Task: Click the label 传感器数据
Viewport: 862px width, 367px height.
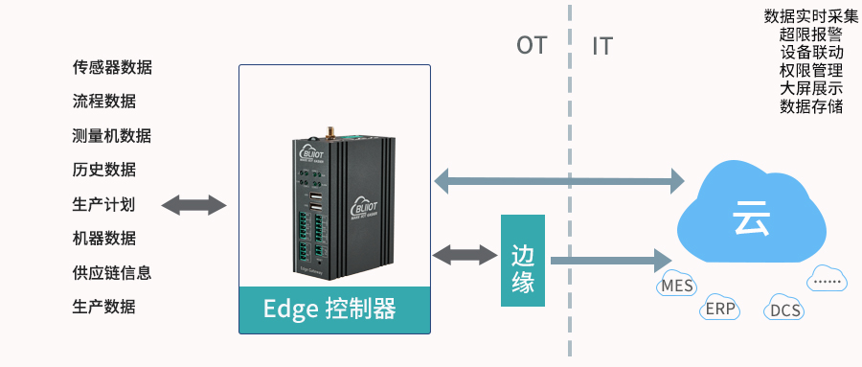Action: [x=112, y=68]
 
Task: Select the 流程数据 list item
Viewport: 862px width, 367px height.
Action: [x=103, y=102]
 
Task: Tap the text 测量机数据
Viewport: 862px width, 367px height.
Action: [x=112, y=136]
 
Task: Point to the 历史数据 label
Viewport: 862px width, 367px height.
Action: [x=103, y=170]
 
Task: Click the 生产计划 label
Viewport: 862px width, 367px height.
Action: [x=103, y=204]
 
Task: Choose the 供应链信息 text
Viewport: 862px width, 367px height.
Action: [x=112, y=272]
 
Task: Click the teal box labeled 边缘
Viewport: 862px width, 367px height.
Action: [x=522, y=261]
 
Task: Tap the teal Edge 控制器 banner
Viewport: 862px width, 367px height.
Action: [x=334, y=309]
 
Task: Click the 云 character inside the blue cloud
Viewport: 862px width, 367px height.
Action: [x=753, y=218]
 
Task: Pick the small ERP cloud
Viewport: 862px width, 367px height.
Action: [x=719, y=310]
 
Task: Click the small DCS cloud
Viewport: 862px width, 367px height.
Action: [x=784, y=310]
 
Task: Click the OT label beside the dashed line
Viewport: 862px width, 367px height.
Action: [x=532, y=46]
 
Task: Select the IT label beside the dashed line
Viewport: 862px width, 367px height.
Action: [x=601, y=46]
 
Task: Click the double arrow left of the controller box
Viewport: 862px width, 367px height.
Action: [x=193, y=204]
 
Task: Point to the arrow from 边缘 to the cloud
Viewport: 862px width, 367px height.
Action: [x=608, y=259]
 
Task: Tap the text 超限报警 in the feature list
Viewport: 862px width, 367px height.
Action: [x=810, y=34]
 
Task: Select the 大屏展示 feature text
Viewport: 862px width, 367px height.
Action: [x=810, y=88]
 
